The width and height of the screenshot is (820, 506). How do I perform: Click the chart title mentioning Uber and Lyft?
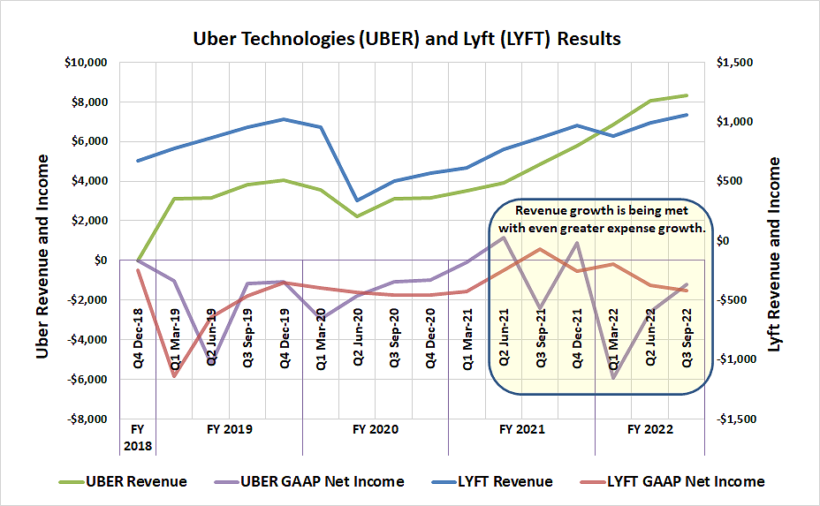click(x=407, y=39)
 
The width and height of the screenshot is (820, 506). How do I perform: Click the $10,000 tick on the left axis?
click(x=86, y=63)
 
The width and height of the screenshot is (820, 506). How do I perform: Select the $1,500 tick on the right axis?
click(x=736, y=63)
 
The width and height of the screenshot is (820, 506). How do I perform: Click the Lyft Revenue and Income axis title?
click(x=775, y=256)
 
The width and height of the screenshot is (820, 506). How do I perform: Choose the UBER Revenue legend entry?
click(x=136, y=481)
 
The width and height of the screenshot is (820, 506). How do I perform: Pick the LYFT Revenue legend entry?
click(x=505, y=481)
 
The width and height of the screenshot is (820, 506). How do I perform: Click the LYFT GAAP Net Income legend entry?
click(x=685, y=481)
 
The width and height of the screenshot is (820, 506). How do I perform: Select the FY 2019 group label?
click(x=230, y=429)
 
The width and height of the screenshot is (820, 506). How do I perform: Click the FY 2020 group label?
click(x=376, y=429)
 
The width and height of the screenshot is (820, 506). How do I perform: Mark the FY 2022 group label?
click(x=650, y=429)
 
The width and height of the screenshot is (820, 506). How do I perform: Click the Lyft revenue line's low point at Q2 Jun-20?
click(x=357, y=200)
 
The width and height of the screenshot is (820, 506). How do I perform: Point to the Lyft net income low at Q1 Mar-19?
click(x=174, y=376)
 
